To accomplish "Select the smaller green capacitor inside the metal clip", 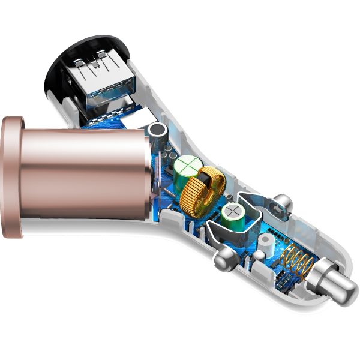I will click(232, 214).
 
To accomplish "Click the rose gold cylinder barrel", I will click(84, 167).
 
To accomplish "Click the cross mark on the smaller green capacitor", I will click(232, 213).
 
